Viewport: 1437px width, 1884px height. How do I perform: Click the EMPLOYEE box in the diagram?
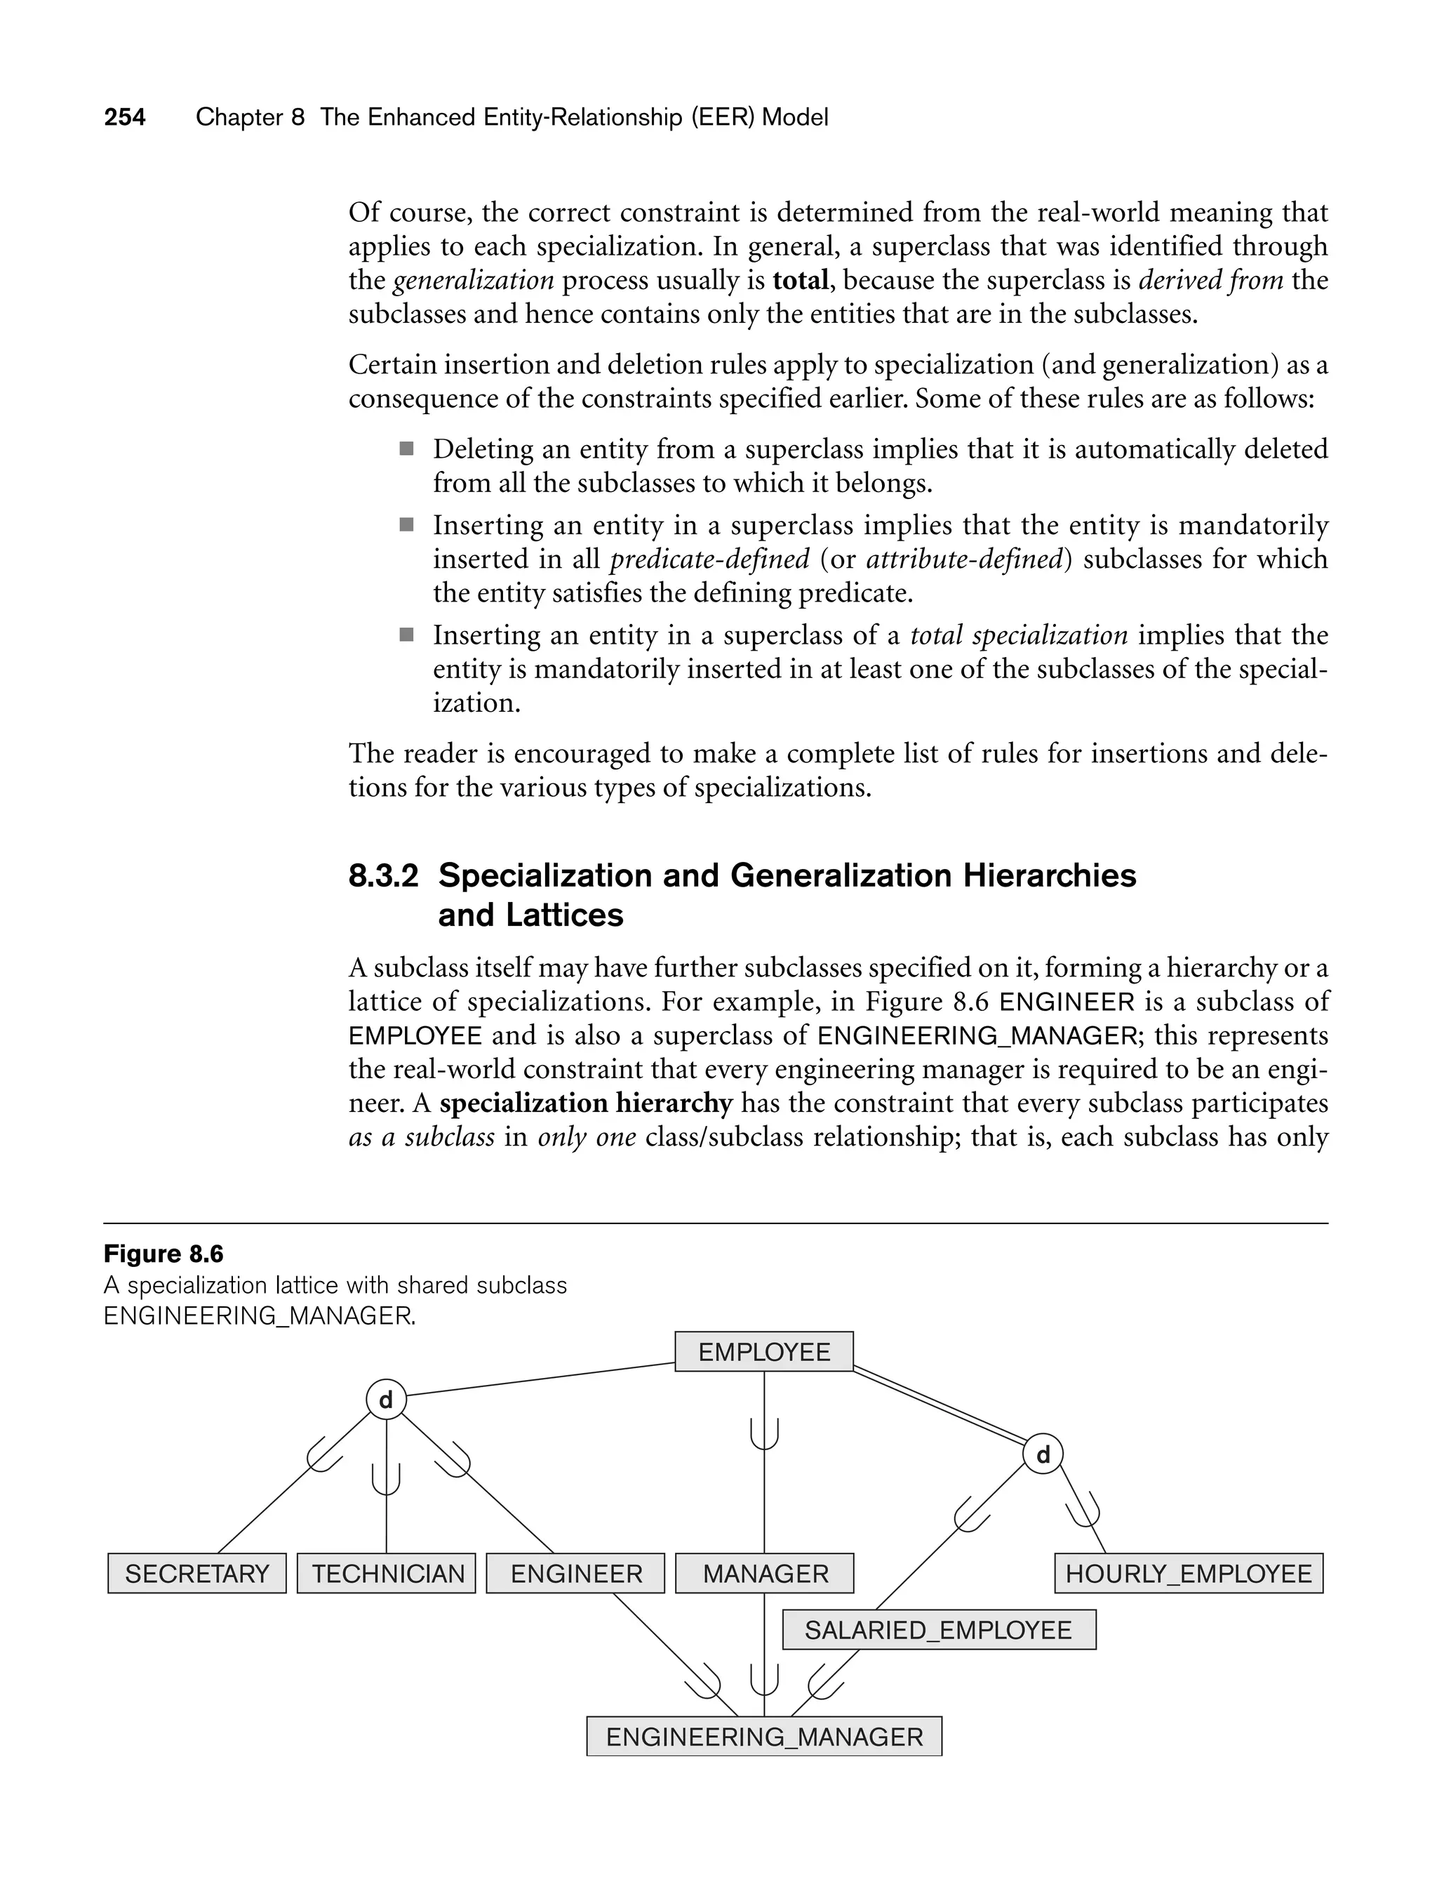(x=764, y=1352)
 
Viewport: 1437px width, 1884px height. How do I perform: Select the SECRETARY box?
(x=196, y=1574)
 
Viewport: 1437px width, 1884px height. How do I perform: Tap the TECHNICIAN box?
(x=387, y=1574)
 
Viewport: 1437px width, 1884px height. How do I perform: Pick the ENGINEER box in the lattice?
(x=575, y=1574)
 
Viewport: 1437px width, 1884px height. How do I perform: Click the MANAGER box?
(x=765, y=1574)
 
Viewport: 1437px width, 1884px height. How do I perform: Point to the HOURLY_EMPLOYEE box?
(x=1188, y=1574)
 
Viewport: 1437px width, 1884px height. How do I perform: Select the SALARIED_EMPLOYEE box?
(x=938, y=1630)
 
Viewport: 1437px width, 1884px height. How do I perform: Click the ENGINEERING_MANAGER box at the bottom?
(x=764, y=1737)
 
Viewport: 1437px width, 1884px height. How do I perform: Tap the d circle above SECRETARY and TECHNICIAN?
(x=386, y=1400)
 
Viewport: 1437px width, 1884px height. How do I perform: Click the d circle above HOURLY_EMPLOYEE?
(x=1043, y=1454)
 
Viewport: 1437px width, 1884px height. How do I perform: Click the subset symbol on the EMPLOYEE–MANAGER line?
(x=765, y=1435)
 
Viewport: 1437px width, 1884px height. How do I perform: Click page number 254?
(x=125, y=117)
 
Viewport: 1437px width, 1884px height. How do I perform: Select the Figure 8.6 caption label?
(x=163, y=1254)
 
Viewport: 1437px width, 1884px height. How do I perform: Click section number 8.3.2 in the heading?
(x=383, y=876)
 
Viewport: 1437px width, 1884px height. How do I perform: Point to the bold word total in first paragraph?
(x=801, y=281)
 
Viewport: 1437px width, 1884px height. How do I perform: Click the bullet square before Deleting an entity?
(x=406, y=449)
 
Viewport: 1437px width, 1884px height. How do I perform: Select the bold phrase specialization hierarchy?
(x=586, y=1103)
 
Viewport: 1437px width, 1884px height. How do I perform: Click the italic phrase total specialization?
(x=1019, y=636)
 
